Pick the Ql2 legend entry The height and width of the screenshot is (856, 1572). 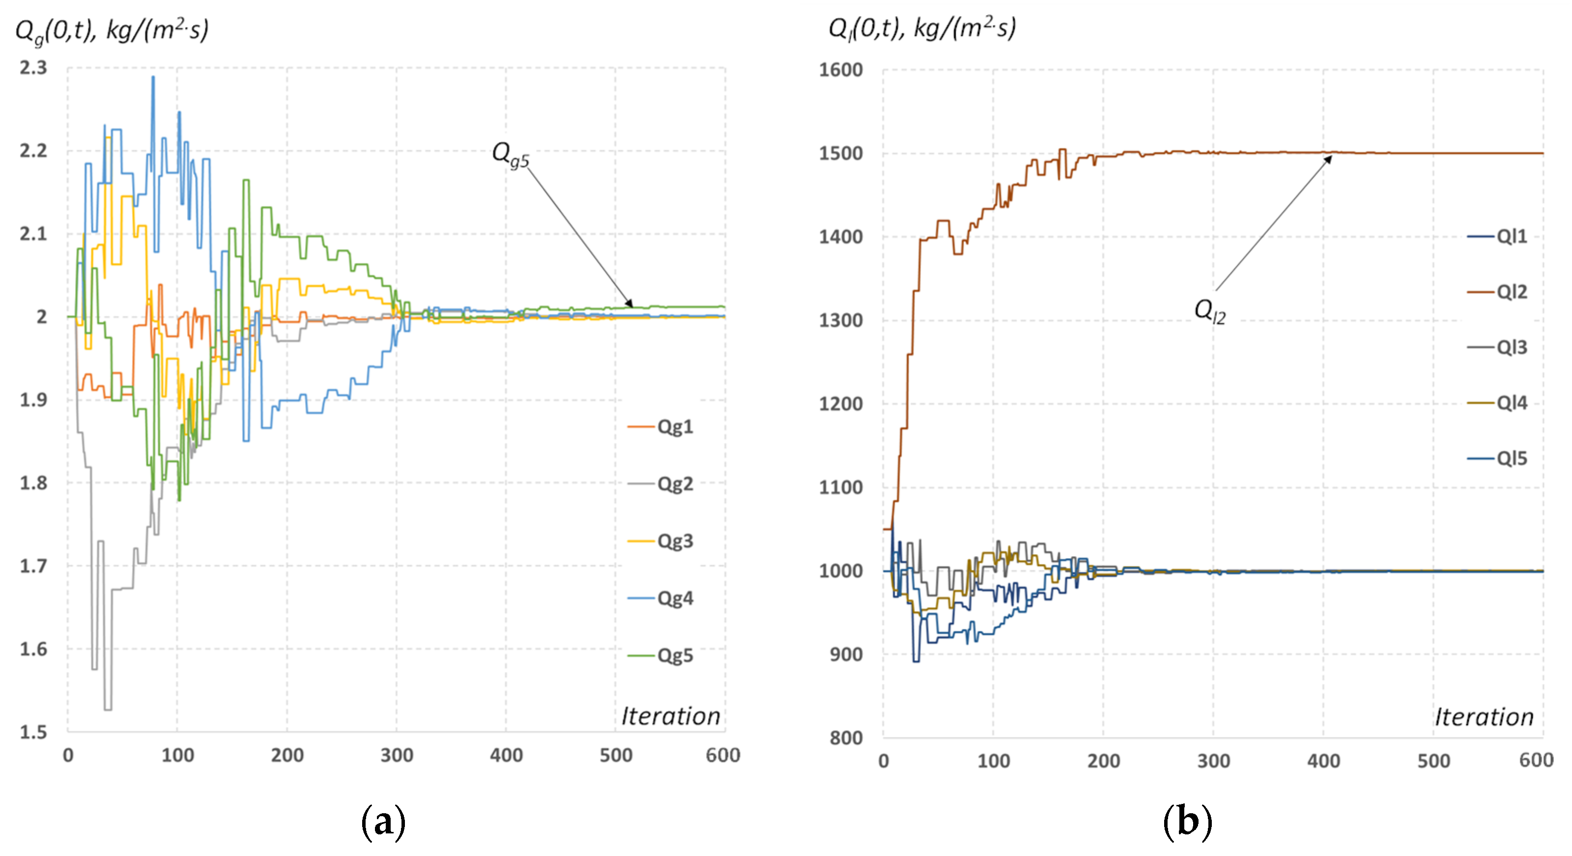[1498, 291]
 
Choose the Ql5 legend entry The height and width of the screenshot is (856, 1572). [1498, 458]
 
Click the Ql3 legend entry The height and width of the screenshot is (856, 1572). [1498, 347]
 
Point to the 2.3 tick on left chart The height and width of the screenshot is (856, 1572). [33, 68]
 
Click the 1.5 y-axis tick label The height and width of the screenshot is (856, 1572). [33, 732]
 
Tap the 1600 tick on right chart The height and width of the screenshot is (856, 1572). [840, 70]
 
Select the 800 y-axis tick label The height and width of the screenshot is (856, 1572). [846, 738]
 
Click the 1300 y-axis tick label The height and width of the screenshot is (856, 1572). [840, 320]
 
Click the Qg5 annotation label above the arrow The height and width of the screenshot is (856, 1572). [510, 154]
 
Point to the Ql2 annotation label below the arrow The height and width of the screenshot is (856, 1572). [1209, 312]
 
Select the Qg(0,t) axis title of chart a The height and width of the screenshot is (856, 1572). [112, 30]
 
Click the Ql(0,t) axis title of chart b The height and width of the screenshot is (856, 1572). [921, 29]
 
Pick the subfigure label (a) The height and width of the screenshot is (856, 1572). [383, 823]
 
